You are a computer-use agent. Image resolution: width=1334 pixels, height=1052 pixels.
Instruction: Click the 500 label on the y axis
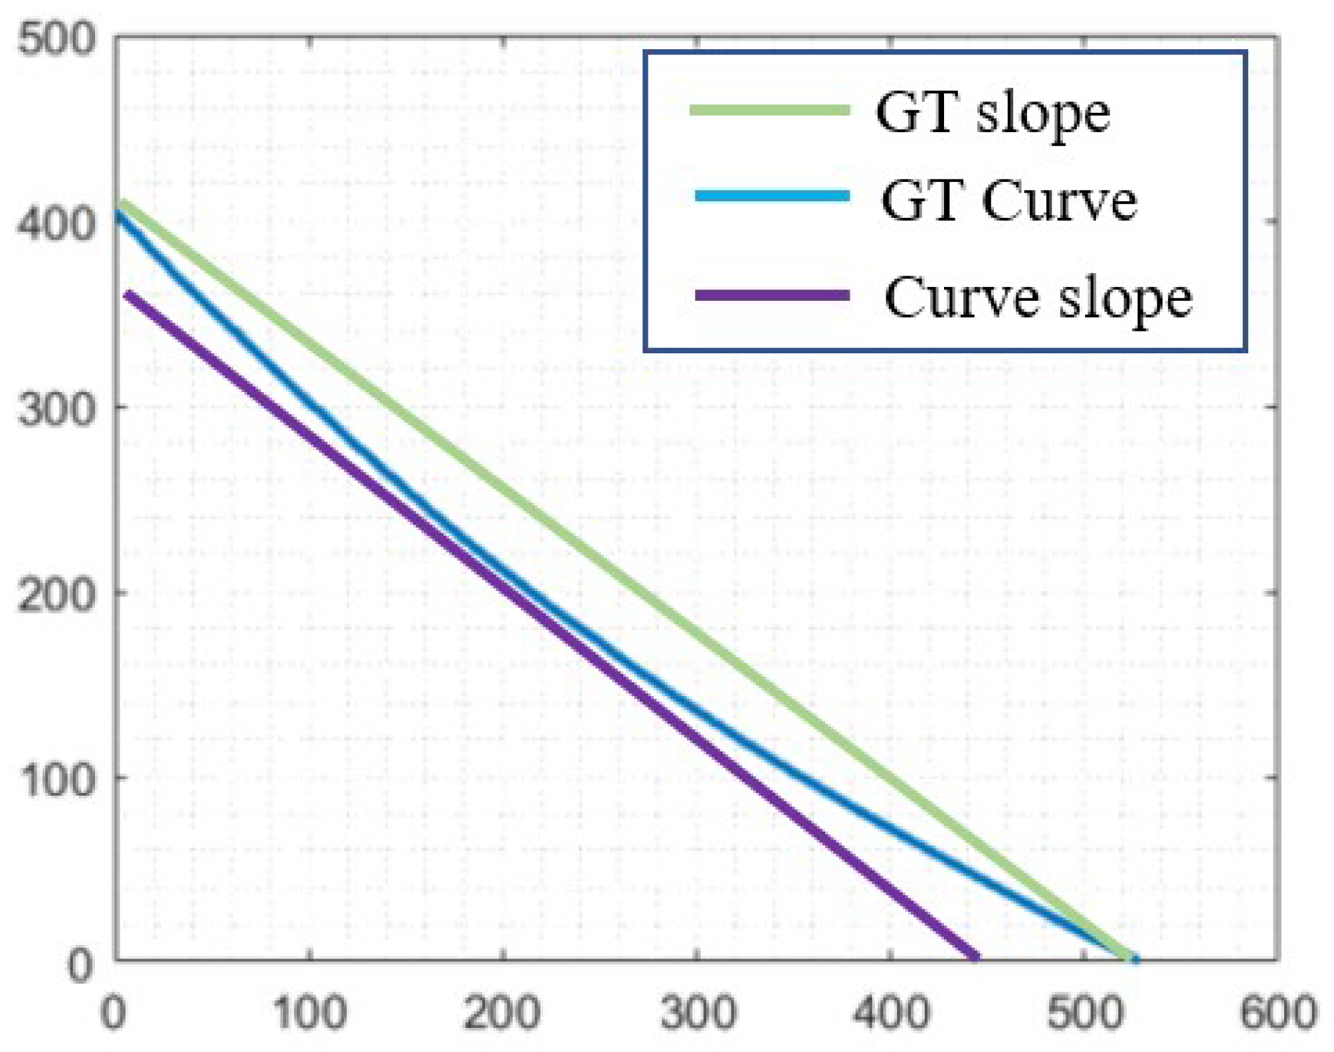click(56, 39)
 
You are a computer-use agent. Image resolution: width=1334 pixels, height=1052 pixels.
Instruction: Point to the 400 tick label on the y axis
click(56, 224)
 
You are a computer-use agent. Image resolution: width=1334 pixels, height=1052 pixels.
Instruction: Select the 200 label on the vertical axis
click(56, 595)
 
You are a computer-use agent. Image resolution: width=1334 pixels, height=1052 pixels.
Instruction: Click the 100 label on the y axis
click(56, 780)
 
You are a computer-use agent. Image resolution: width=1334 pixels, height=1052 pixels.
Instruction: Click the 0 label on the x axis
click(114, 1013)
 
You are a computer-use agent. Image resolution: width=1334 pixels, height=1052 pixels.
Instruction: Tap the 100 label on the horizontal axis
click(310, 1013)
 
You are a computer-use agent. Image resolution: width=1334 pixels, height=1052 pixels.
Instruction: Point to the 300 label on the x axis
click(698, 1013)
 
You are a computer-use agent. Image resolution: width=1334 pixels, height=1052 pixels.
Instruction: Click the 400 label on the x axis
click(891, 1013)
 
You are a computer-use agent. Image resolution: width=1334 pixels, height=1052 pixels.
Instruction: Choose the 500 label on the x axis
click(1085, 1013)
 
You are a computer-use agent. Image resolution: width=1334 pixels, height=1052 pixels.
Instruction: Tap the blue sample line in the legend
click(772, 195)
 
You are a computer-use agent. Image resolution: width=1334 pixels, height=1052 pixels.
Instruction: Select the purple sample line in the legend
click(772, 295)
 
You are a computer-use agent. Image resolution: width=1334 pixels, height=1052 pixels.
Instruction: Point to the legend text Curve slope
click(1038, 300)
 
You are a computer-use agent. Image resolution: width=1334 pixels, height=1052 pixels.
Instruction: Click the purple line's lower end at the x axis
click(975, 956)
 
